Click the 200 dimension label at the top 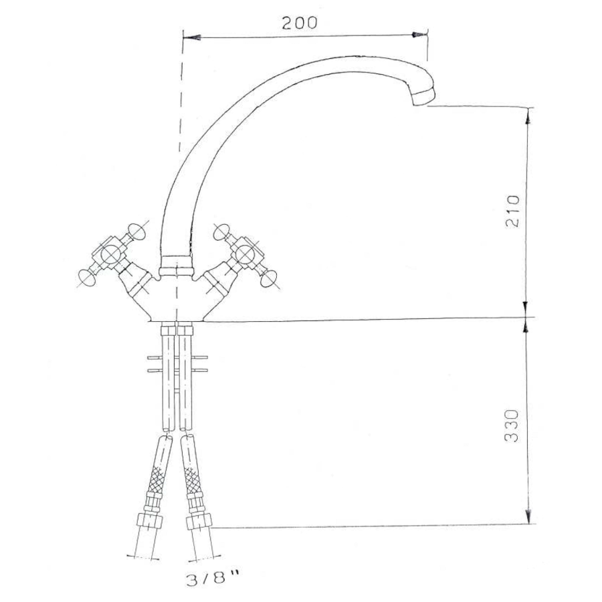pyautogui.click(x=300, y=23)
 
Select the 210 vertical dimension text pyautogui.click(x=512, y=211)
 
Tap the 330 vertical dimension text pyautogui.click(x=512, y=426)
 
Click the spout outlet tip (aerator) pyautogui.click(x=423, y=96)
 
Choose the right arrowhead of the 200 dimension pyautogui.click(x=419, y=35)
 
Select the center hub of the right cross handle pyautogui.click(x=245, y=254)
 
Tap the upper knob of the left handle pyautogui.click(x=136, y=231)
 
